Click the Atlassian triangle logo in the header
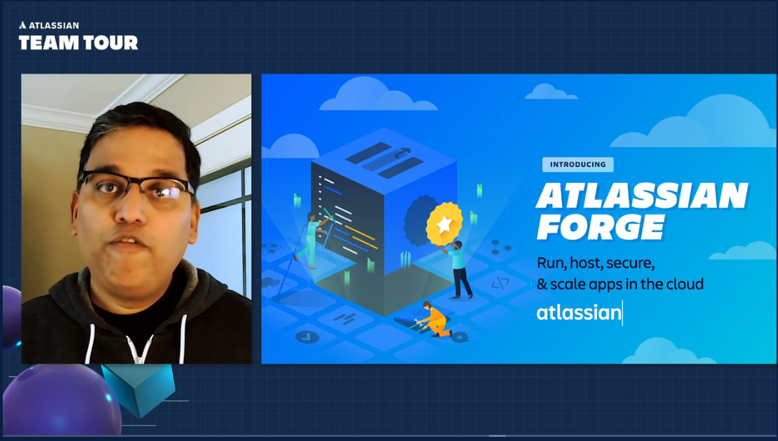click(x=23, y=25)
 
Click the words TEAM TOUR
click(x=78, y=43)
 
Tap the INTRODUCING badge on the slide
click(x=578, y=164)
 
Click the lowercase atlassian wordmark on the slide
click(x=579, y=313)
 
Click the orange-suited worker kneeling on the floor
click(x=434, y=320)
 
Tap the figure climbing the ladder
click(x=313, y=237)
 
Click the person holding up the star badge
click(x=458, y=268)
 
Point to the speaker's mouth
click(x=127, y=242)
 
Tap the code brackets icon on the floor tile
click(x=500, y=282)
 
